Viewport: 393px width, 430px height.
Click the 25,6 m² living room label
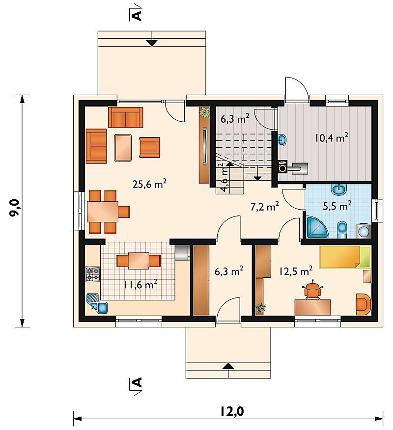[149, 184]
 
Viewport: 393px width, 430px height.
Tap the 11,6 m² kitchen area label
[140, 284]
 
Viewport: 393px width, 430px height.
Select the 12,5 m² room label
[296, 271]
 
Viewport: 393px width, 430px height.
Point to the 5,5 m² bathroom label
[337, 206]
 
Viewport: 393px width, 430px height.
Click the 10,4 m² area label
[332, 137]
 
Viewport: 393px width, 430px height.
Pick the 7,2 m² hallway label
[265, 206]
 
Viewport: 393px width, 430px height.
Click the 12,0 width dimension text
[232, 411]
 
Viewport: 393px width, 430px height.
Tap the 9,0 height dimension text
[15, 208]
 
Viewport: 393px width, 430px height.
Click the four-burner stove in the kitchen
[93, 274]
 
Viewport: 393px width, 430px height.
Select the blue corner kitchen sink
[97, 303]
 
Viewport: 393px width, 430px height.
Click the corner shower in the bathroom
[317, 227]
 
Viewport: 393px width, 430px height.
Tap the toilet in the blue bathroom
[342, 230]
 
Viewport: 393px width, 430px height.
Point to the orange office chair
[312, 290]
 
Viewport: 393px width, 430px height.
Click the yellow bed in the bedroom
[345, 257]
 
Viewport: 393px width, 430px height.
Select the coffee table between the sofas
[123, 147]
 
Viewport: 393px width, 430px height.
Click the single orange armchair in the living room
[149, 147]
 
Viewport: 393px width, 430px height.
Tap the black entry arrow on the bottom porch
[228, 366]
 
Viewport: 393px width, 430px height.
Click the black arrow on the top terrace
[151, 43]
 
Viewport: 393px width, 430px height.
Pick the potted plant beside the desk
[261, 308]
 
